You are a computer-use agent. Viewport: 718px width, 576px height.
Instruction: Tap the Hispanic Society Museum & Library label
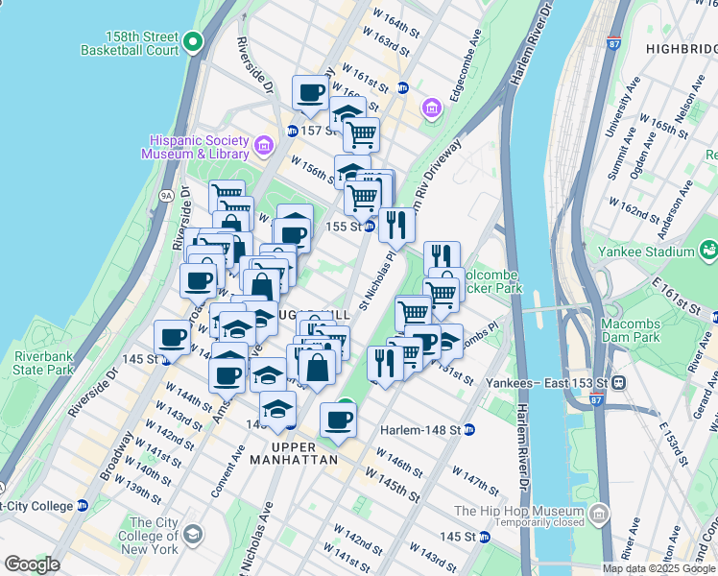195,147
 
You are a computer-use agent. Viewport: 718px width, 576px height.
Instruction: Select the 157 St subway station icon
292,131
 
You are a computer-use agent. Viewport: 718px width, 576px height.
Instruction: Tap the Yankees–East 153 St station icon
620,381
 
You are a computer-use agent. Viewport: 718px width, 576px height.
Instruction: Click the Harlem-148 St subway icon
468,429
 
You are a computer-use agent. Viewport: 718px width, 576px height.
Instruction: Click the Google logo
32,564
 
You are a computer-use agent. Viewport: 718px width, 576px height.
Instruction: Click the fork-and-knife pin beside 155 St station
395,226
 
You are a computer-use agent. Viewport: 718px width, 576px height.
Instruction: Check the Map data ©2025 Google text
659,568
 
